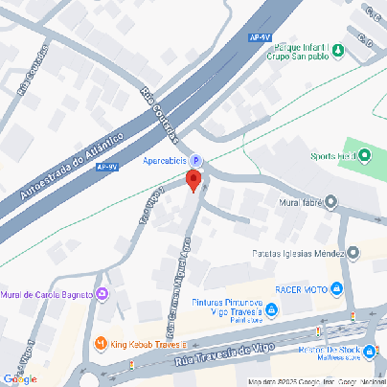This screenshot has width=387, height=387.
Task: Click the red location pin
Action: coord(193,179)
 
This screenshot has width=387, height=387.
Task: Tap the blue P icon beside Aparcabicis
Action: coord(196,160)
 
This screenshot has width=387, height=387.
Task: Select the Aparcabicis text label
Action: coord(167,160)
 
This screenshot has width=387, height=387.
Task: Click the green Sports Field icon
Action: coord(365,156)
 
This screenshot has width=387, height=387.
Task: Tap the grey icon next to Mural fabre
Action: coord(330,201)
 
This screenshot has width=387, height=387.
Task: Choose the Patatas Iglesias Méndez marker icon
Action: coord(353,254)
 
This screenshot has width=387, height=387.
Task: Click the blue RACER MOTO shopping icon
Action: coord(336,288)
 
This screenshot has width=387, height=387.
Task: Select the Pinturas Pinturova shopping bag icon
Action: coord(271,308)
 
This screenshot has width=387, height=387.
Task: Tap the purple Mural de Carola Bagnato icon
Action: coord(102,294)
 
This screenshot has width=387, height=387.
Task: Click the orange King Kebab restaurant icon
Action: coord(102,343)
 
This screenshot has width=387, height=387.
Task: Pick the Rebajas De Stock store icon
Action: coord(370,351)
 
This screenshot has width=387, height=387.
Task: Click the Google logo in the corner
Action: coord(19,378)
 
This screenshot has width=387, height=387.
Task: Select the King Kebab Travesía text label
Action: coord(147,343)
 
